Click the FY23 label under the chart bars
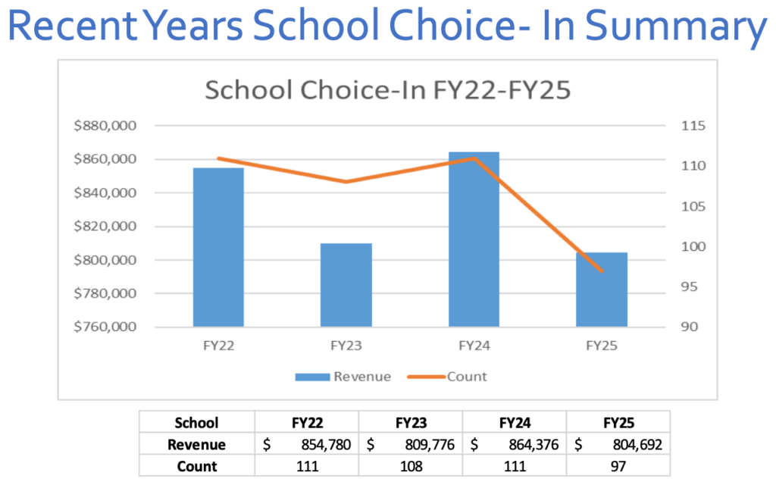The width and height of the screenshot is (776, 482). [x=346, y=346]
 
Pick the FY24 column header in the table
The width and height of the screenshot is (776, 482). [x=515, y=423]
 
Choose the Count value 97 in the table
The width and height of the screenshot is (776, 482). [x=618, y=466]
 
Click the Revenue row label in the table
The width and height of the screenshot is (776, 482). [x=196, y=445]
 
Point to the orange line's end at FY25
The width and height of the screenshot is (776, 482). [x=602, y=271]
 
